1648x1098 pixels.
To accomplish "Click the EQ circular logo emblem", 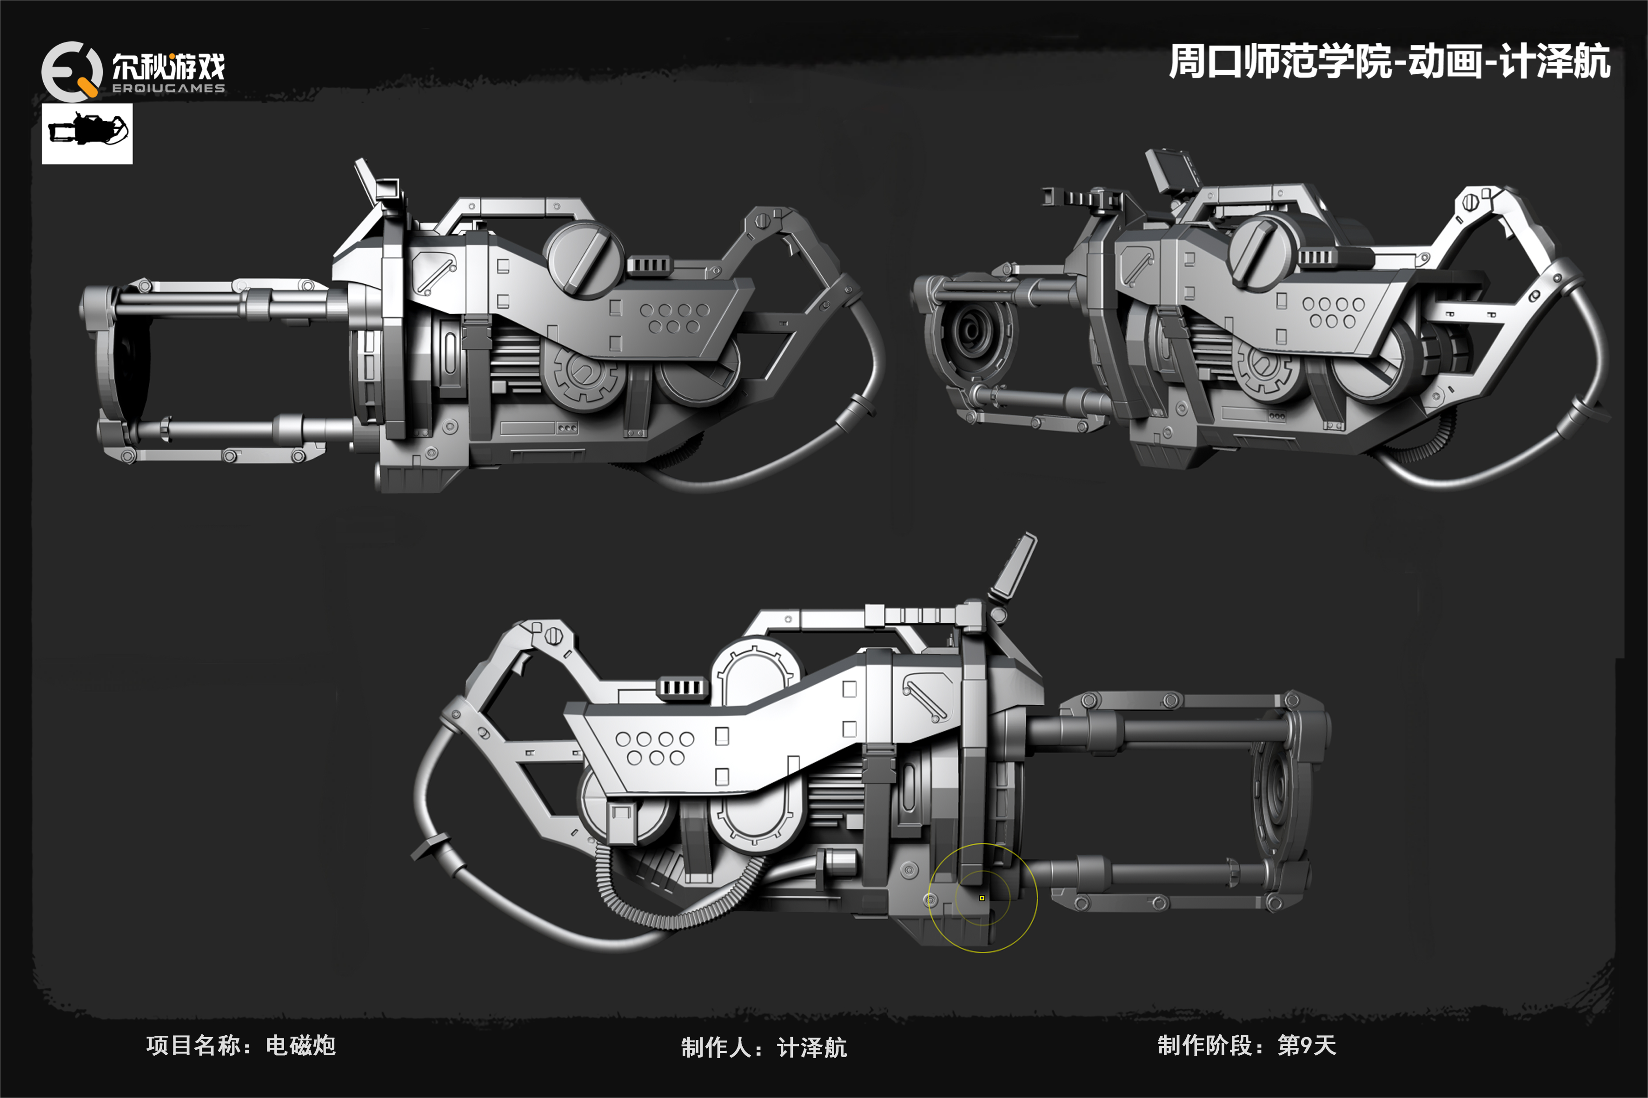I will [71, 71].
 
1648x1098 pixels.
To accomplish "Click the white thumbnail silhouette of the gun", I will [87, 133].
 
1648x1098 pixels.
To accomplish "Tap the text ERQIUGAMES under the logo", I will [168, 88].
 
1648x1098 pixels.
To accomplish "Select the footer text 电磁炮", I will [300, 1045].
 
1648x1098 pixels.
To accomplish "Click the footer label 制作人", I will [715, 1047].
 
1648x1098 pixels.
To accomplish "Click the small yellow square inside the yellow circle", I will [982, 898].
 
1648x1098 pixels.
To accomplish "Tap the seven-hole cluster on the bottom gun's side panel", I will [654, 748].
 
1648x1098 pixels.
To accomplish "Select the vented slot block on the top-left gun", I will [649, 265].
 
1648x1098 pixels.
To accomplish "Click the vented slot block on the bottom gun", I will [682, 688].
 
